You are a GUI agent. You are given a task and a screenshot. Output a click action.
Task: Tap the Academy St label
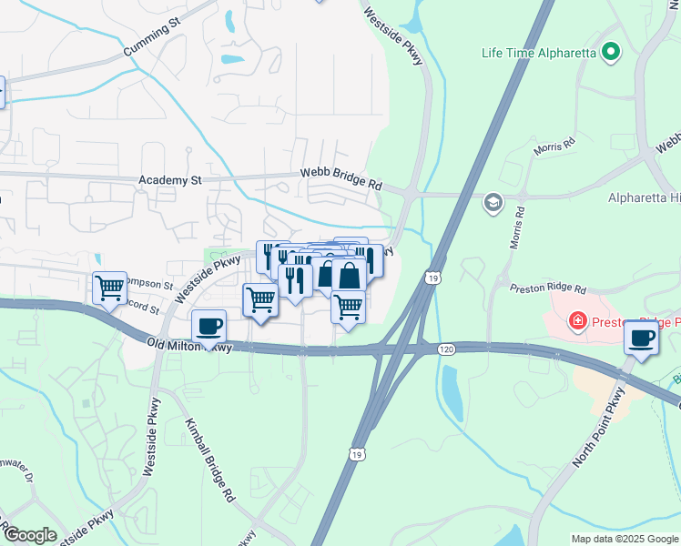(169, 180)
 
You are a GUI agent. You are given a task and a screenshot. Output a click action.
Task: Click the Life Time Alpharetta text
(538, 53)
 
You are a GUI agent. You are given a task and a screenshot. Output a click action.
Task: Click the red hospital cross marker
(577, 320)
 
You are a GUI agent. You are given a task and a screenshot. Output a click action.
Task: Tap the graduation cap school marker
(493, 201)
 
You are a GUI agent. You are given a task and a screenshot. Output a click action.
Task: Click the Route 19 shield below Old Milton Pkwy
(354, 451)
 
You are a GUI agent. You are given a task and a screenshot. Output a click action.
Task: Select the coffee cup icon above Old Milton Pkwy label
(209, 325)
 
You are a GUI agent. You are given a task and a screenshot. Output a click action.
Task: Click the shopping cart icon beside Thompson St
(109, 288)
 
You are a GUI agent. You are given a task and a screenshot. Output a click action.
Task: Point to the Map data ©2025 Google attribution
(625, 539)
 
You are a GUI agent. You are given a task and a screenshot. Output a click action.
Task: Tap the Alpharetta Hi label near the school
(644, 197)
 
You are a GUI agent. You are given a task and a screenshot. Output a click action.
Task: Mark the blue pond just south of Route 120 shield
(450, 389)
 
